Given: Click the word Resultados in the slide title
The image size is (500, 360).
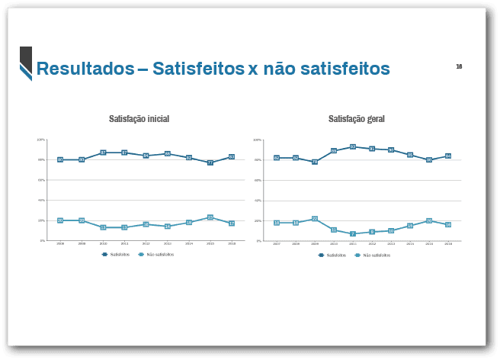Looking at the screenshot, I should [85, 69].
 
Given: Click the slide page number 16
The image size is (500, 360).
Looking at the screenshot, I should [459, 66].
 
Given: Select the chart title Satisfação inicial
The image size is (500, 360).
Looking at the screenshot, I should [139, 119].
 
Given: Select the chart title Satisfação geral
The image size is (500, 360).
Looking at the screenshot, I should [356, 119].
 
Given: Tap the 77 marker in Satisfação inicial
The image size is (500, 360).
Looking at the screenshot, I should [210, 162].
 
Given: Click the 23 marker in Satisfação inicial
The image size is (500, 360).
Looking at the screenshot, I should [210, 217].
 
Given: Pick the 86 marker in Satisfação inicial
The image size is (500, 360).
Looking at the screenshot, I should [167, 154].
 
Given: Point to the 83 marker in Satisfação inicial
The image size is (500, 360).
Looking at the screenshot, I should [231, 156].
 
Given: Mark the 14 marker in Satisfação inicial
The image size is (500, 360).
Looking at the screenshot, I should [167, 227].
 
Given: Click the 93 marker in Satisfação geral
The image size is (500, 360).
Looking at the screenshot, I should [353, 146].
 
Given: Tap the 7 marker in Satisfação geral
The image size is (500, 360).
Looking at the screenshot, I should [353, 234].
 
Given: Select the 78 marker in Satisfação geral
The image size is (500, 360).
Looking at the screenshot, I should [314, 162].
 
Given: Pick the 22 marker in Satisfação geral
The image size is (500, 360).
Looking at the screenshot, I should [314, 218].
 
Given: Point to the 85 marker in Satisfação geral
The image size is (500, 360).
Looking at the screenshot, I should [410, 155].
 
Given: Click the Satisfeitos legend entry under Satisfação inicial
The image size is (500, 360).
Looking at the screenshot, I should [116, 254].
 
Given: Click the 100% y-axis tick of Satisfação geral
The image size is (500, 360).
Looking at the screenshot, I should [258, 140].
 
